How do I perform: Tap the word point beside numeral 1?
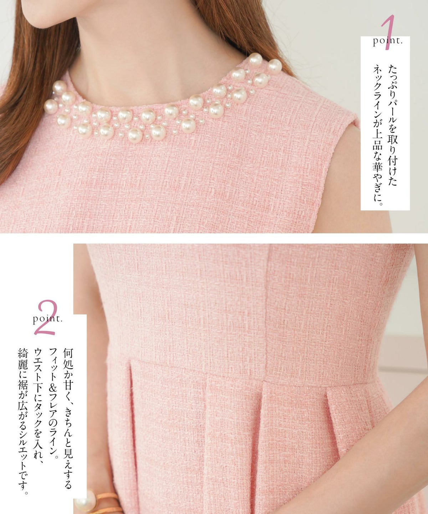point(387,41)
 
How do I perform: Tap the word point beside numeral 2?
point(48,319)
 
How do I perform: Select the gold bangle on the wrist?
point(108,502)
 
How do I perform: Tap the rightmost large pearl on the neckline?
point(275,66)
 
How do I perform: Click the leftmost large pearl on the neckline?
point(51,107)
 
